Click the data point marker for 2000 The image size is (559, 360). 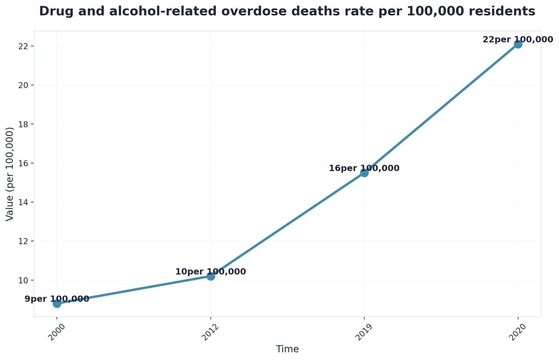[57, 303]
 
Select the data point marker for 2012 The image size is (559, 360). [211, 276]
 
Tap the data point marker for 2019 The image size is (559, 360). [364, 173]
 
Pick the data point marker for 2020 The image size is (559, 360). [518, 44]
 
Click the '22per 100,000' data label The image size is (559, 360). [518, 39]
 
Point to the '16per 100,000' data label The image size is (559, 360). [364, 168]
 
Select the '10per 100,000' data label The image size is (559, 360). [210, 272]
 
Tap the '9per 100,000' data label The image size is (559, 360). [57, 299]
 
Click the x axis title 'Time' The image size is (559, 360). [287, 349]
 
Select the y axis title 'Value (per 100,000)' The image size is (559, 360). [10, 174]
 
